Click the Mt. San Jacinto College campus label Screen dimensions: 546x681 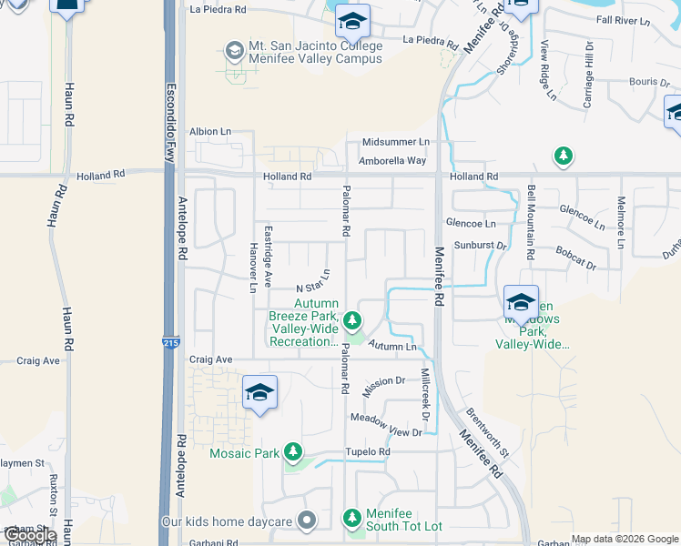coord(315,53)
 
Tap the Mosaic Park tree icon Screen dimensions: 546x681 coord(293,452)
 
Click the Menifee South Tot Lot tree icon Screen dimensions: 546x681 coord(352,519)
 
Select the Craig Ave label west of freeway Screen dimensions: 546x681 coord(38,360)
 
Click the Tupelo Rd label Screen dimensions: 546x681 coord(367,451)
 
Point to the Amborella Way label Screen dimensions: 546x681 coord(393,160)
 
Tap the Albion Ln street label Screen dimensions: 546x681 coord(210,132)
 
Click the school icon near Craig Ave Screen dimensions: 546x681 coord(259,392)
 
